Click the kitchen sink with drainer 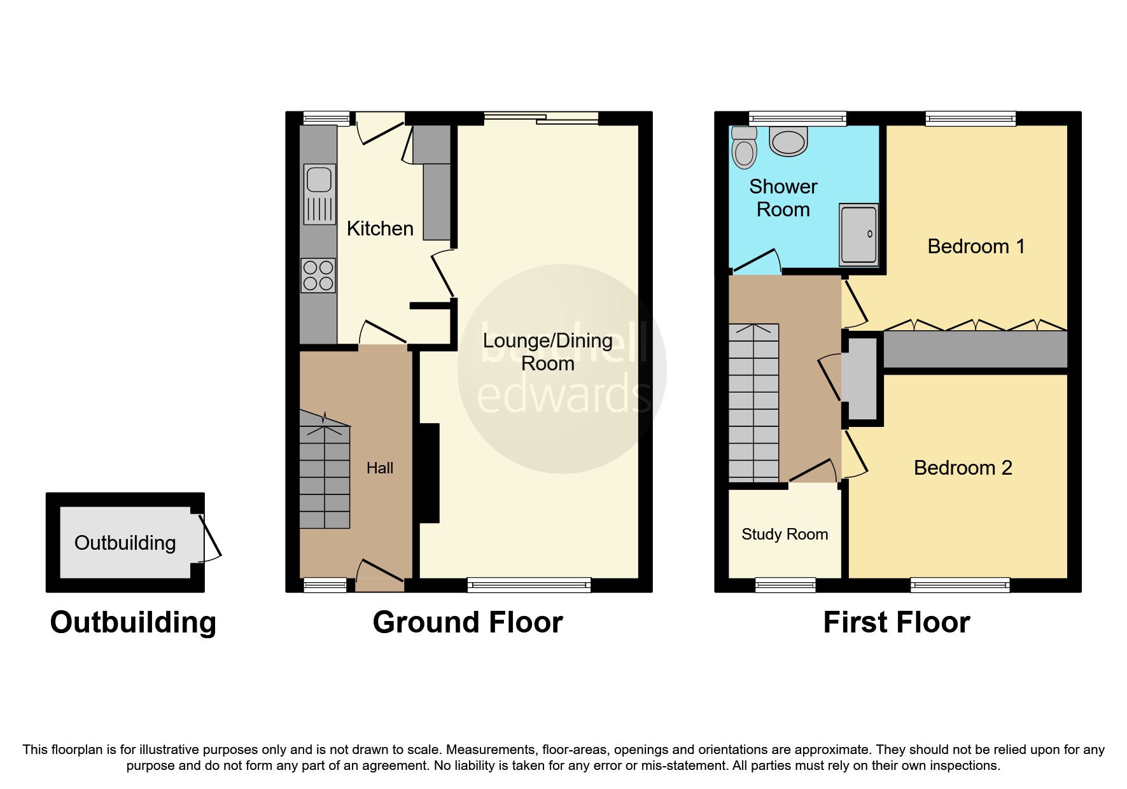pyautogui.click(x=319, y=194)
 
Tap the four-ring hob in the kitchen pyautogui.click(x=318, y=276)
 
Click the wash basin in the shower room pyautogui.click(x=788, y=141)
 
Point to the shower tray pyautogui.click(x=858, y=234)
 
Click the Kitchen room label pyautogui.click(x=380, y=228)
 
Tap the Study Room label pyautogui.click(x=785, y=534)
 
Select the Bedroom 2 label pyautogui.click(x=962, y=468)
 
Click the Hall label pyautogui.click(x=380, y=468)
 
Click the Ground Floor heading pyautogui.click(x=468, y=622)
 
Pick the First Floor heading pyautogui.click(x=896, y=622)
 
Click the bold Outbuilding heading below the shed pyautogui.click(x=133, y=622)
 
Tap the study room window pyautogui.click(x=785, y=584)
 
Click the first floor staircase pyautogui.click(x=753, y=402)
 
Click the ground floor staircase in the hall pyautogui.click(x=325, y=474)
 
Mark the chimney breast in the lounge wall pyautogui.click(x=428, y=473)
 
